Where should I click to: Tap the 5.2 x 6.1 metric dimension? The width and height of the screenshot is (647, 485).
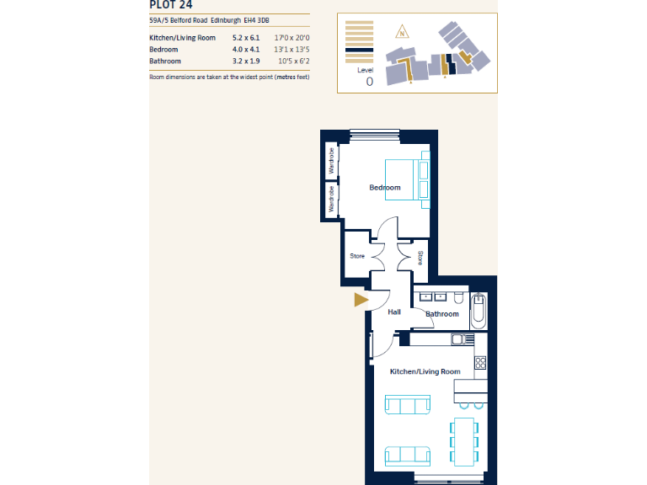pos(247,38)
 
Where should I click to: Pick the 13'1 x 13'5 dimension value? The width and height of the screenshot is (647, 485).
pos(293,50)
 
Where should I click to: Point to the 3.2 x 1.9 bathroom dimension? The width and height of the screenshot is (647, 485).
pos(247,61)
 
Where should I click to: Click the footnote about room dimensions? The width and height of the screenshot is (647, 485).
pos(229,77)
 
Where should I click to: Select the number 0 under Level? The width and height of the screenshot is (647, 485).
pos(369,82)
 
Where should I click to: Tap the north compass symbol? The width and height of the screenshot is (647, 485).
pos(402,34)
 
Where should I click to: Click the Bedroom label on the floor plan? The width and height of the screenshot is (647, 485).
pos(385,187)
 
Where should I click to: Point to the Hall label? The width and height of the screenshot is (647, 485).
pos(393,312)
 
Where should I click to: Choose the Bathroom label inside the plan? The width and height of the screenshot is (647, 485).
pos(442,314)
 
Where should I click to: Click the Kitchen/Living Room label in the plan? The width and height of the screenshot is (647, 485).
pos(425,371)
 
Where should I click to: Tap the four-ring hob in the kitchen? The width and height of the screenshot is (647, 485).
pos(480,363)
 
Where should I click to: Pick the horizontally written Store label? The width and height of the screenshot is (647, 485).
pos(357,256)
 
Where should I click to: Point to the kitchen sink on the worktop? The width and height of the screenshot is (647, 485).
pos(458,339)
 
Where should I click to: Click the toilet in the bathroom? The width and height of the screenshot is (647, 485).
pos(457,298)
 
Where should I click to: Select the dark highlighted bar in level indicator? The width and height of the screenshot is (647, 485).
pos(359,52)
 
